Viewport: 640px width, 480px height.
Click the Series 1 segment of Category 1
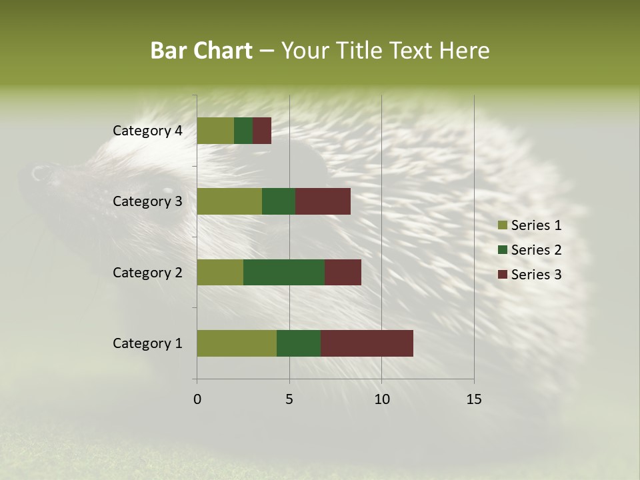point(237,343)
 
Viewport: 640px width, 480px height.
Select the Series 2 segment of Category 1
point(299,343)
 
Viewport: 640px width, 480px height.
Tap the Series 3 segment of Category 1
point(367,343)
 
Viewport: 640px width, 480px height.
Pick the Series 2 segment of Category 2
point(284,272)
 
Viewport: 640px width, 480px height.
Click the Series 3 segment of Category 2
point(343,272)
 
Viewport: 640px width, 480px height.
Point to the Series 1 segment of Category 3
point(229,201)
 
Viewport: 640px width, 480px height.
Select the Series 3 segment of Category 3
point(323,201)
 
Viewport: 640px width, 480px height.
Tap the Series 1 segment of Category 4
point(215,131)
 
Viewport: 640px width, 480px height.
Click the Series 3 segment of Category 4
point(262,131)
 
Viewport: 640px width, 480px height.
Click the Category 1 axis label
point(147,343)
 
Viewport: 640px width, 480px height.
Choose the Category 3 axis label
point(147,201)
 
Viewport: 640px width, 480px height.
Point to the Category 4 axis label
point(147,131)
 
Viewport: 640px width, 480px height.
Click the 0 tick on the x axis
point(197,399)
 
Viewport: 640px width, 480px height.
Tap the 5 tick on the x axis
point(289,399)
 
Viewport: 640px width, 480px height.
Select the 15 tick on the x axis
point(474,399)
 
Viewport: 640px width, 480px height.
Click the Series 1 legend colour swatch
point(502,225)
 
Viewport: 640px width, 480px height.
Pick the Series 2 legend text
point(536,250)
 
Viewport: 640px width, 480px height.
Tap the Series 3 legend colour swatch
point(502,275)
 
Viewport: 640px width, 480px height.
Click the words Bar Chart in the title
point(201,51)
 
